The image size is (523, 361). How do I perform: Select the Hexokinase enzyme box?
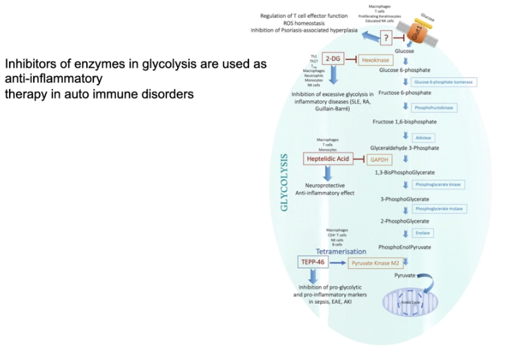(x=375, y=61)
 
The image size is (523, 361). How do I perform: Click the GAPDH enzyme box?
(x=379, y=160)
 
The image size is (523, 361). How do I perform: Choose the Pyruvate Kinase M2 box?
(x=377, y=263)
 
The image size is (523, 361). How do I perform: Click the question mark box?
(x=387, y=38)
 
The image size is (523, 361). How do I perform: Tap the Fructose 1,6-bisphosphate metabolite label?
(x=404, y=122)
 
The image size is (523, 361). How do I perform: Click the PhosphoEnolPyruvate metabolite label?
(x=406, y=247)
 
